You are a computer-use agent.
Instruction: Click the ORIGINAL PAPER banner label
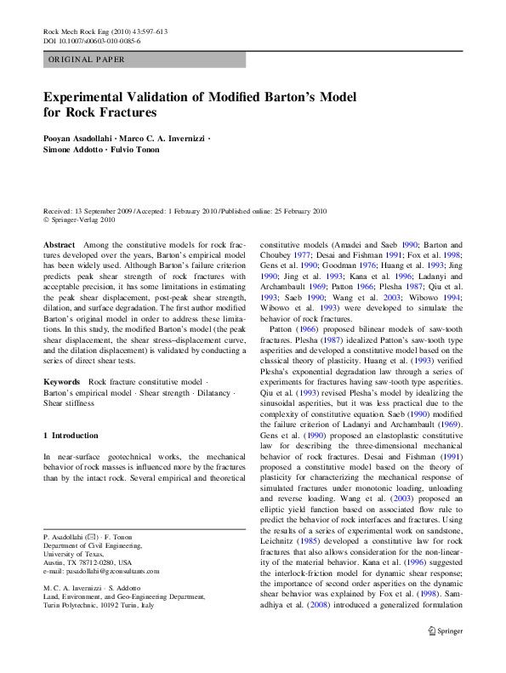click(87, 60)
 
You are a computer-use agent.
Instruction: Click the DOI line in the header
click(92, 40)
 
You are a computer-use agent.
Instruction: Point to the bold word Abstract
click(60, 244)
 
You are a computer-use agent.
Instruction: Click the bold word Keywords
click(62, 382)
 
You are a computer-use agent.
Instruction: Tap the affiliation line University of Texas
click(71, 554)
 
